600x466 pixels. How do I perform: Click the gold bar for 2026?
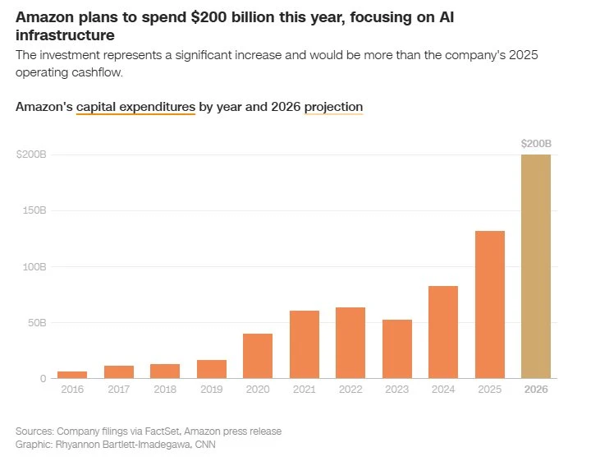click(x=536, y=266)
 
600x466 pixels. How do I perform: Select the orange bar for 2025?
click(x=490, y=304)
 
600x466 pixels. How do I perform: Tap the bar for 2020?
click(x=258, y=356)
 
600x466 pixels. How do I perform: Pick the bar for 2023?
click(x=397, y=348)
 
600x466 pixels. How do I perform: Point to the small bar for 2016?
click(x=72, y=375)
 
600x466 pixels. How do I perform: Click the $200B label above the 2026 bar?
click(x=536, y=144)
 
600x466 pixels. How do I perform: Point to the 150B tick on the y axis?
click(x=34, y=210)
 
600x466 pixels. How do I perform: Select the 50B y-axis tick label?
click(x=36, y=323)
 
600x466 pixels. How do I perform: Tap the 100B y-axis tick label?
click(x=34, y=267)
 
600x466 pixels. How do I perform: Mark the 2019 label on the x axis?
click(x=212, y=390)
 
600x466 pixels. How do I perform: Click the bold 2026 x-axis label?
click(x=536, y=390)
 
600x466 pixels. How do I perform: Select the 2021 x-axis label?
click(x=305, y=390)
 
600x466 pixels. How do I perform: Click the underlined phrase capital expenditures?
click(x=135, y=107)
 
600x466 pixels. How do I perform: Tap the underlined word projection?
click(x=333, y=107)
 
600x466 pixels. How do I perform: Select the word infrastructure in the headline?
click(x=65, y=36)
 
